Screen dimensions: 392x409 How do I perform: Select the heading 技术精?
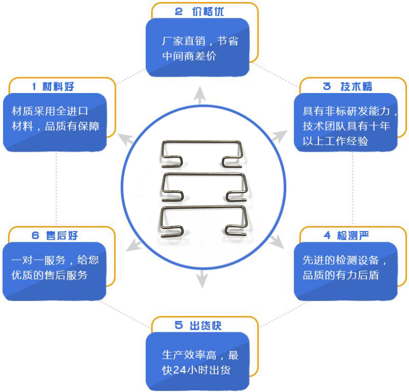(x=356, y=86)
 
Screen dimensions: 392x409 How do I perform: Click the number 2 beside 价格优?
(x=179, y=12)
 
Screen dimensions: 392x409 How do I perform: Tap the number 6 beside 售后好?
(x=35, y=236)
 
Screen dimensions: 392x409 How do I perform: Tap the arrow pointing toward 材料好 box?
(x=125, y=137)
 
